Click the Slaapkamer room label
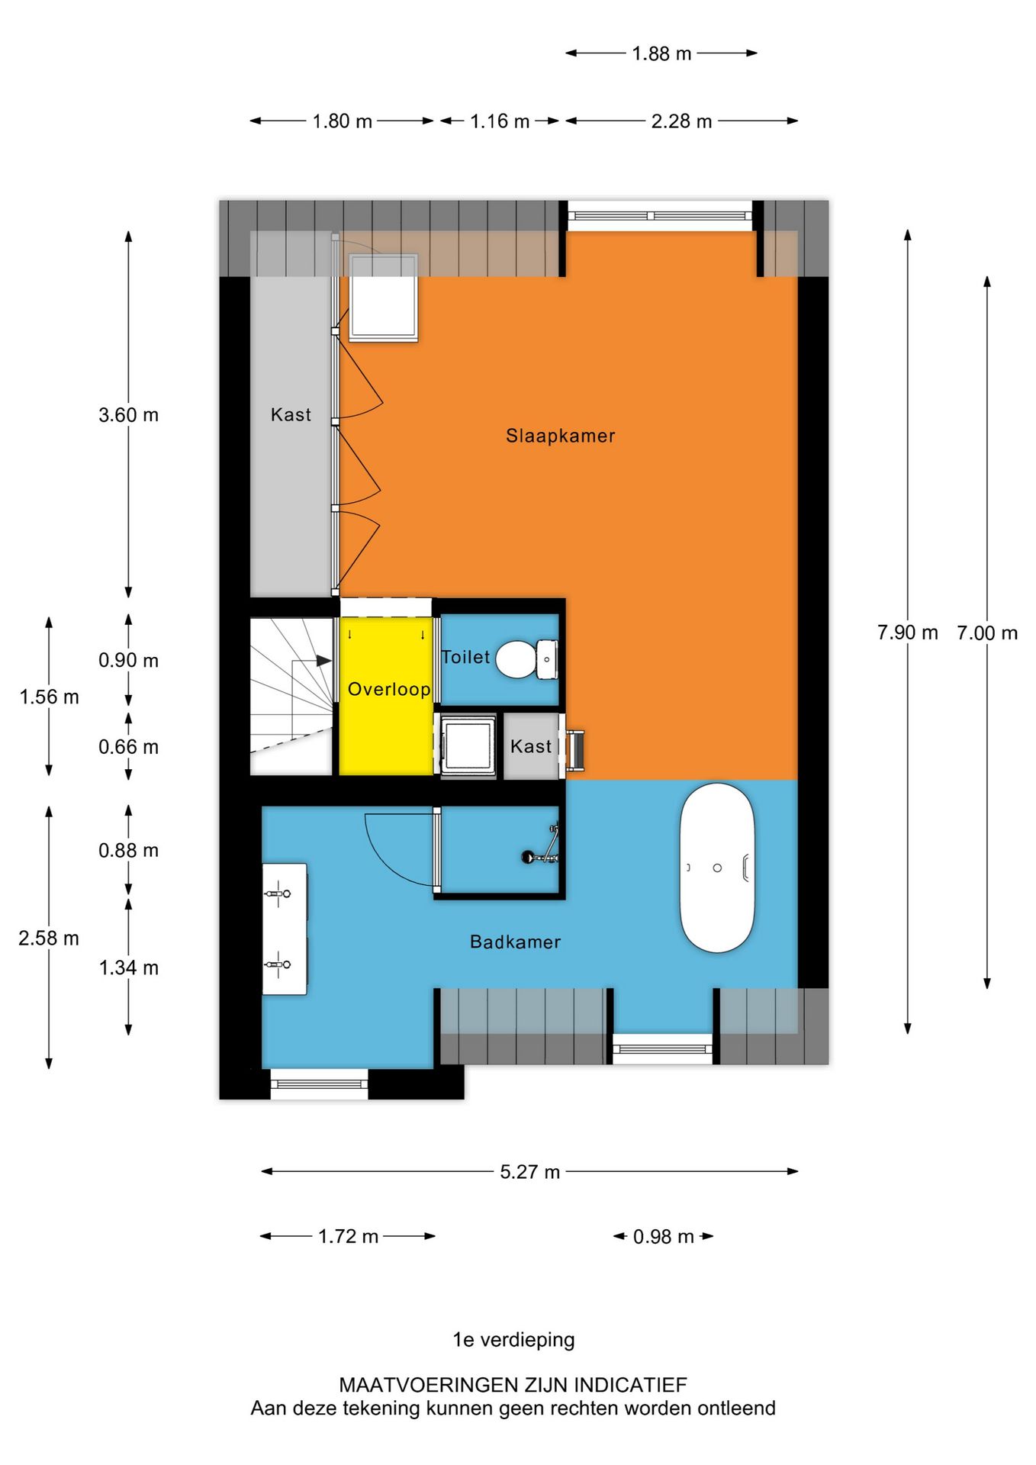point(560,436)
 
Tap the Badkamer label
point(515,942)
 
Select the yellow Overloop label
point(389,689)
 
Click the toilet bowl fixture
point(516,659)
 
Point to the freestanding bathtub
point(717,868)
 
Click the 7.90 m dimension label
point(907,633)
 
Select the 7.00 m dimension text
point(987,633)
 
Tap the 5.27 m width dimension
point(529,1171)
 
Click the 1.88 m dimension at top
point(661,53)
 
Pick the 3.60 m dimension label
point(128,415)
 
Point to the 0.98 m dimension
point(663,1236)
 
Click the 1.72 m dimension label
point(348,1236)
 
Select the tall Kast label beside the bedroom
point(291,414)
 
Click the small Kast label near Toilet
point(530,746)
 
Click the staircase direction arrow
point(323,660)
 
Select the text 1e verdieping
point(513,1340)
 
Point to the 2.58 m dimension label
point(49,938)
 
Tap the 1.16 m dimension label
point(500,121)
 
